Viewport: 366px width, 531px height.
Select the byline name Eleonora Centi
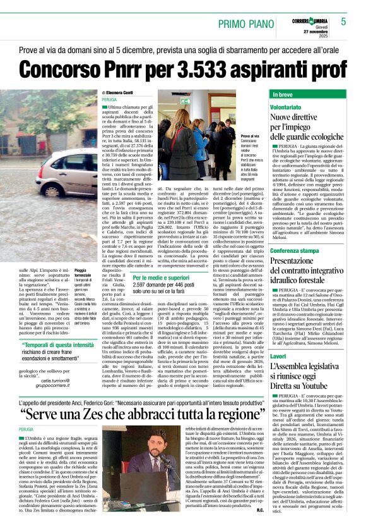pyautogui.click(x=125, y=92)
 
